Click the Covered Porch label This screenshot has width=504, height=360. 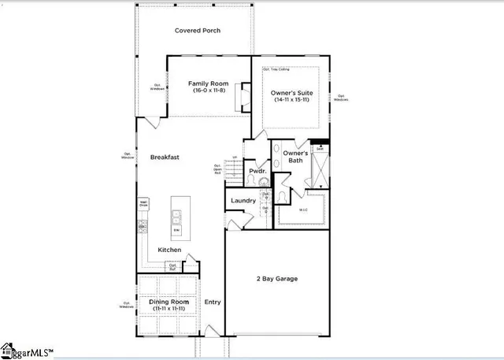pyautogui.click(x=198, y=31)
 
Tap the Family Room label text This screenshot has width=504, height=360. pyautogui.click(x=209, y=83)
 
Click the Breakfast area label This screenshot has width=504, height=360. pyautogui.click(x=165, y=158)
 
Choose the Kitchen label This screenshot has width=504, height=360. pyautogui.click(x=169, y=250)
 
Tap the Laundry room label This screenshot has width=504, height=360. pyautogui.click(x=243, y=201)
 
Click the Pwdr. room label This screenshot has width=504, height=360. pyautogui.click(x=256, y=171)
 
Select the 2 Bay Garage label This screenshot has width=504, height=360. pyautogui.click(x=275, y=279)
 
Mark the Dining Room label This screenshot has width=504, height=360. pyautogui.click(x=166, y=302)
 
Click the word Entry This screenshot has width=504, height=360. pyautogui.click(x=213, y=302)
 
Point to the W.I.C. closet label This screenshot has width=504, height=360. pyautogui.click(x=303, y=210)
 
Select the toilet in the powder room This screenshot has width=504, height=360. pyautogui.click(x=250, y=181)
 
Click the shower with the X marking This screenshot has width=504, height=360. pyautogui.click(x=320, y=167)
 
